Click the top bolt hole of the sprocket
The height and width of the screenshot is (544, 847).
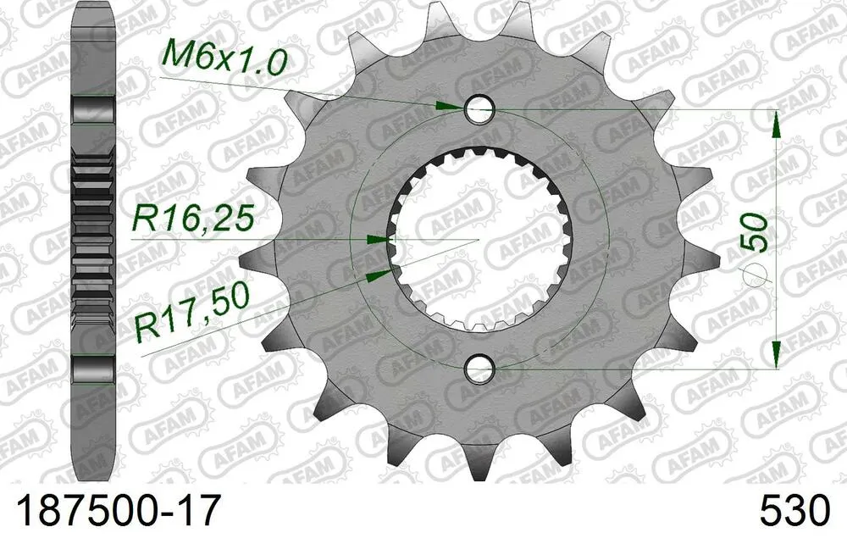[479, 108]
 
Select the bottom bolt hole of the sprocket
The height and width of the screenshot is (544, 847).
[479, 369]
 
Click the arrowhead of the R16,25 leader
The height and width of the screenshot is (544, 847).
[378, 240]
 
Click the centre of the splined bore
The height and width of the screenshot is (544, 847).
[479, 239]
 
